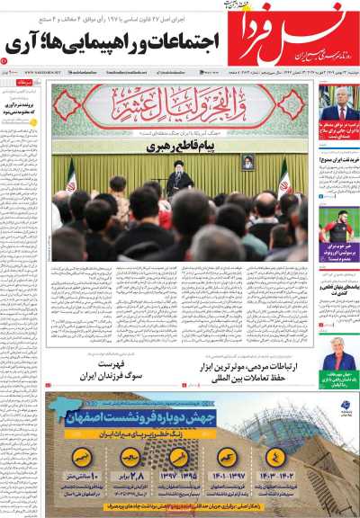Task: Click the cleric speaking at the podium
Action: [x=179, y=181]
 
